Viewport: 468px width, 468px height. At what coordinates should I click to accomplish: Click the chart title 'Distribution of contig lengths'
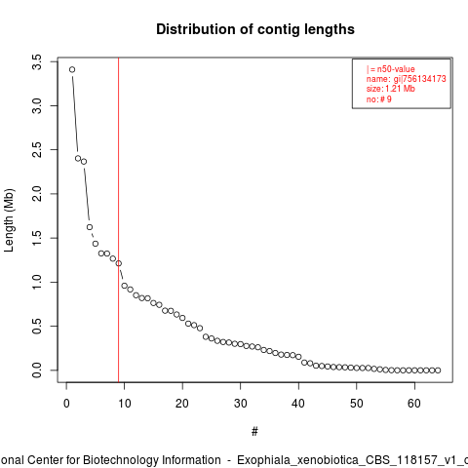255,29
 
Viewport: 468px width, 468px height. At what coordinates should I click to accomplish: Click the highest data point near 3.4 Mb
72,69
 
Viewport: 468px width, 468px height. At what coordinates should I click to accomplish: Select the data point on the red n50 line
119,263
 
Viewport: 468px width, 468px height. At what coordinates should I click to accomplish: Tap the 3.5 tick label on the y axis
37,61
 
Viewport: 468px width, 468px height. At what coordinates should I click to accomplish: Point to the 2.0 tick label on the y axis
37,194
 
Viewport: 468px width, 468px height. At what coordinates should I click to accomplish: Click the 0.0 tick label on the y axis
37,370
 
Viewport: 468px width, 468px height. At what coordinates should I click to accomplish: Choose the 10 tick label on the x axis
124,404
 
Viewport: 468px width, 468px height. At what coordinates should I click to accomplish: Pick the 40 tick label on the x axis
298,404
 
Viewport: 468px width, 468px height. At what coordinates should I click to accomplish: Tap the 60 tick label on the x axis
414,404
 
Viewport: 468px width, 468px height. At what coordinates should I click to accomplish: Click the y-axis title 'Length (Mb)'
10,220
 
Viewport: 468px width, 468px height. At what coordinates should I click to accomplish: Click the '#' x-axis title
254,432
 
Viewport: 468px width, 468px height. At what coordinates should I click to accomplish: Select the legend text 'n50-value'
396,69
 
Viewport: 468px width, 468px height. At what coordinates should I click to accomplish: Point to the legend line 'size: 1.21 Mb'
391,89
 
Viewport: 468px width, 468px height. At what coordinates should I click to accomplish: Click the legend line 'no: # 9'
379,99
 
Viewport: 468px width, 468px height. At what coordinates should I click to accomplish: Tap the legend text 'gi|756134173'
420,79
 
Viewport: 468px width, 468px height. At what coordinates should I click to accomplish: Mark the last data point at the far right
438,370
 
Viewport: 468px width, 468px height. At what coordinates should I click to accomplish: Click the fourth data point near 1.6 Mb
90,227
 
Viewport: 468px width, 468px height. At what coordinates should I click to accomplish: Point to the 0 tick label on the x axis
66,404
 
